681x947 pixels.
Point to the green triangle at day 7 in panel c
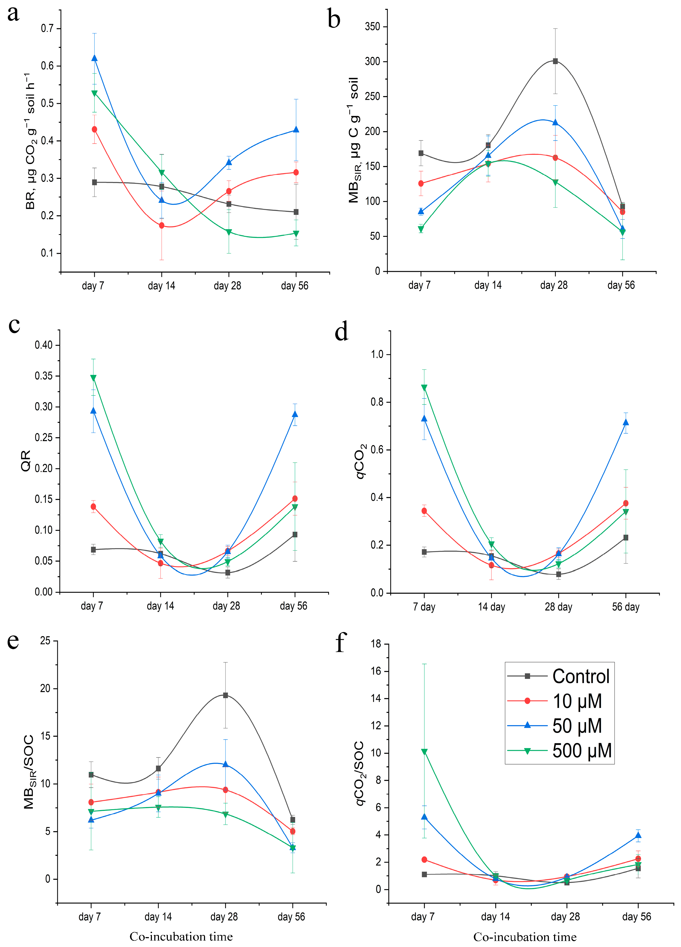[93, 378]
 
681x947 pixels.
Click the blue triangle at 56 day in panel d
[625, 422]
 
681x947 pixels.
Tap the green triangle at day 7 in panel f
[424, 752]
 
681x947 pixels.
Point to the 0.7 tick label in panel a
[47, 28]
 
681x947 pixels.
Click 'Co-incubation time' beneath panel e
[181, 937]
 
